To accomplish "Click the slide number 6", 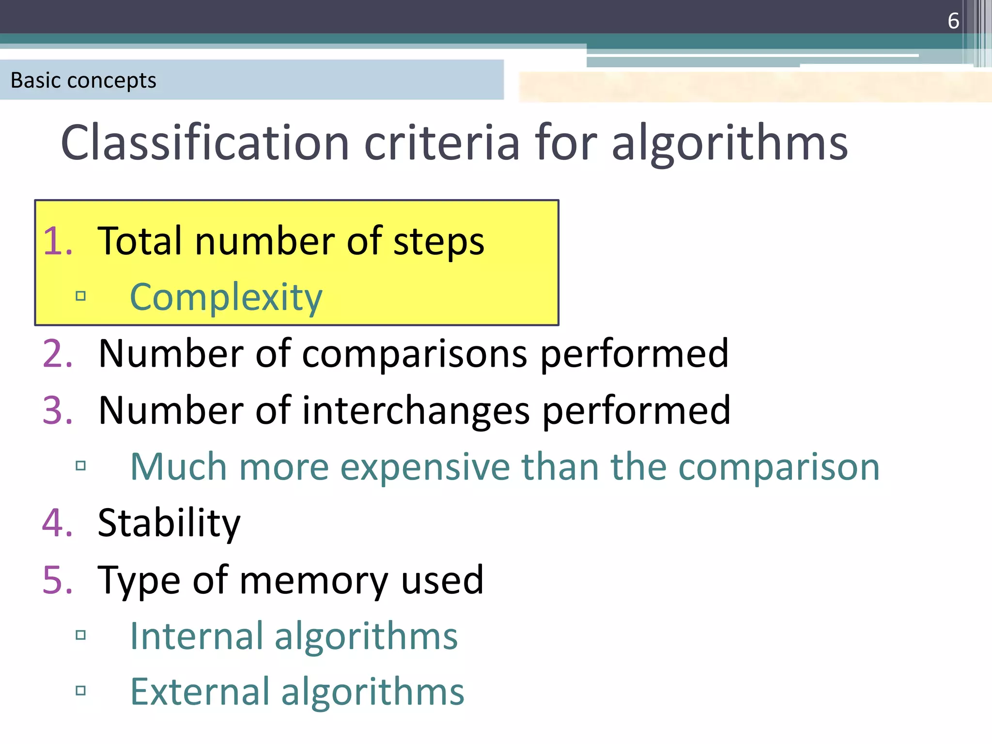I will click(x=953, y=21).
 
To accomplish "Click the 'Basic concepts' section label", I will click(x=83, y=80).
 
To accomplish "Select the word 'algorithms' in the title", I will click(x=729, y=142).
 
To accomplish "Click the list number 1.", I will click(x=57, y=241).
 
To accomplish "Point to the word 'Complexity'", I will click(x=226, y=297).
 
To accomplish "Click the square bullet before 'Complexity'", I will click(x=81, y=296).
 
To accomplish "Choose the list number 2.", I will click(x=57, y=354).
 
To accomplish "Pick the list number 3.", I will click(x=57, y=410).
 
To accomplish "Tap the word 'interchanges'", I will click(x=416, y=411).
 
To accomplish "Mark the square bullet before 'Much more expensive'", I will click(x=81, y=466).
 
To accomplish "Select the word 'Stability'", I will click(x=169, y=523).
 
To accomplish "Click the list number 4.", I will click(x=57, y=523).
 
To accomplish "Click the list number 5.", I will click(x=57, y=580).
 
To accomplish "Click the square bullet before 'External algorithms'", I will click(x=81, y=691).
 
